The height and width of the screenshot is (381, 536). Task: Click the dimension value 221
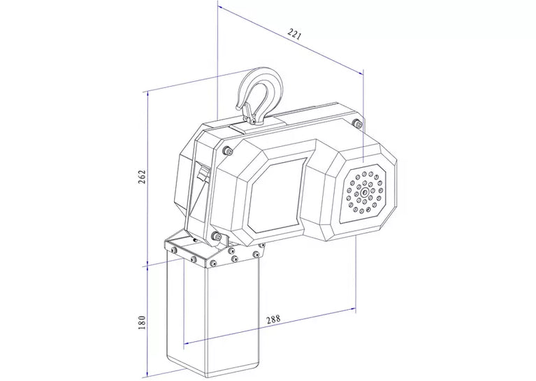pyautogui.click(x=295, y=34)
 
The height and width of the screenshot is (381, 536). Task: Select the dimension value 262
pyautogui.click(x=142, y=176)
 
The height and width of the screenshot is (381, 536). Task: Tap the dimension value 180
pyautogui.click(x=142, y=322)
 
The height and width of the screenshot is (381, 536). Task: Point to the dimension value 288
pyautogui.click(x=273, y=319)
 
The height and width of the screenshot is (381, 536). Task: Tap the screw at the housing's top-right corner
pyautogui.click(x=357, y=123)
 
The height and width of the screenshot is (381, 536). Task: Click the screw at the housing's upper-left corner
pyautogui.click(x=226, y=150)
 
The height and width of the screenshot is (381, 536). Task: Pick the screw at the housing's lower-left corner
pyautogui.click(x=216, y=236)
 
